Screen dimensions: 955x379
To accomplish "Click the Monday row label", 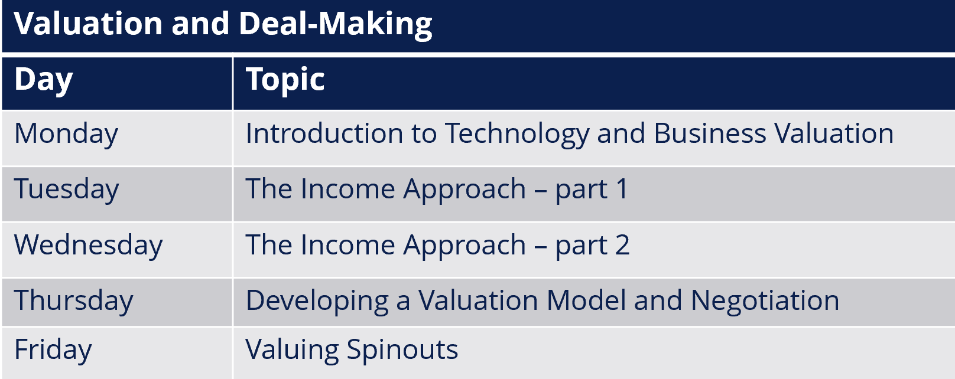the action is coord(66,134).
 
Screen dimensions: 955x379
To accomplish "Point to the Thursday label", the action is coord(73,301).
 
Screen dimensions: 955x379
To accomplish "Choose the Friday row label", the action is coord(53,350).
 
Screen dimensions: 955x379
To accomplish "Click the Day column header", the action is coord(44,80).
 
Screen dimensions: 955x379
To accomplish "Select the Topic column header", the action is coord(285,80).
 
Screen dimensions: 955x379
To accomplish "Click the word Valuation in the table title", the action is coord(88,24).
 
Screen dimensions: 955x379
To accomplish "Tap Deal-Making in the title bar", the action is coord(336,25).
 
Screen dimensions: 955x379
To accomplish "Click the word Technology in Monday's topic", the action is coord(517,134).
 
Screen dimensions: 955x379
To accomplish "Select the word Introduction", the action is coord(324,133).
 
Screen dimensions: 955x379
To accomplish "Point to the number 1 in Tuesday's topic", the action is coord(622,189).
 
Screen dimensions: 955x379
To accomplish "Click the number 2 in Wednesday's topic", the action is coord(622,245).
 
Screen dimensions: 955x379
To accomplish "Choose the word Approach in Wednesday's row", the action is coord(464,247).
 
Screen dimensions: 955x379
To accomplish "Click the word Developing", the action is coord(317,302).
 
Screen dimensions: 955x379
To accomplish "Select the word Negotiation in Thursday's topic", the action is coord(765,302).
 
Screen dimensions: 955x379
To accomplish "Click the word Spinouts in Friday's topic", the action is coord(402,351).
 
